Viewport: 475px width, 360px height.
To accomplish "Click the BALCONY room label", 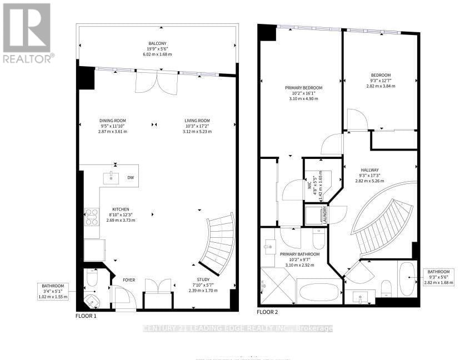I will [x=157, y=43].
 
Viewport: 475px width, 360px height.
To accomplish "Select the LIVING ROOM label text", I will [x=197, y=121].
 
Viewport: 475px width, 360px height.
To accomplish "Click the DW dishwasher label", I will [x=130, y=178].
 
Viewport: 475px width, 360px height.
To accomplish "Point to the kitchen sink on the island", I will [x=111, y=178].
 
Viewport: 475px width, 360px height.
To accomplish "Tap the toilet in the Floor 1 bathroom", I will [x=92, y=278].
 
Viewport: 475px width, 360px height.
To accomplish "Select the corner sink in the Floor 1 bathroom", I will [x=91, y=301].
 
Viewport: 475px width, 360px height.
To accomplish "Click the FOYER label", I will [x=129, y=280].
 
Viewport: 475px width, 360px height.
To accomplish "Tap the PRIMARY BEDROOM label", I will [x=303, y=88].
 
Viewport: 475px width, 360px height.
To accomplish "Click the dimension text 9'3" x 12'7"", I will [x=381, y=81].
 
